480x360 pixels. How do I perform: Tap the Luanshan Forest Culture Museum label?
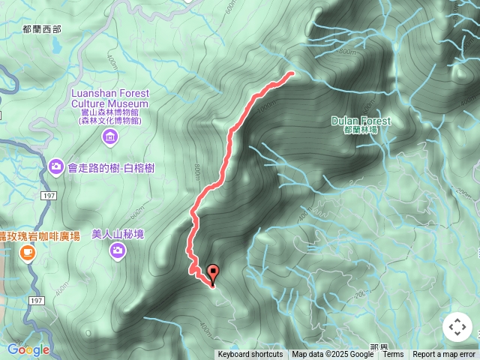(x=110, y=98)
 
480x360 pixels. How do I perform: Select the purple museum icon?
(x=110, y=136)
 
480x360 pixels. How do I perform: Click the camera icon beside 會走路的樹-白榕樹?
(x=55, y=166)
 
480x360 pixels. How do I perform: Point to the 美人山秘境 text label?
(x=117, y=234)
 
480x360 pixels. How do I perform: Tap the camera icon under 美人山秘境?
(x=117, y=250)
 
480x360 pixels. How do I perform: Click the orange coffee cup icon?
(x=28, y=253)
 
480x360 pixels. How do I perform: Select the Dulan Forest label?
(x=360, y=121)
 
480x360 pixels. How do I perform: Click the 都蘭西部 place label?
(x=42, y=29)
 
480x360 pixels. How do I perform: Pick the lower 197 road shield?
(x=35, y=300)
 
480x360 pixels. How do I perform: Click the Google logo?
(x=28, y=349)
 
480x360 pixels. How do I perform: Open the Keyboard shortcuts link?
(x=250, y=355)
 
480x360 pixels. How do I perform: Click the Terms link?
(x=393, y=355)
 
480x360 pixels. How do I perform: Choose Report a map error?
(x=444, y=355)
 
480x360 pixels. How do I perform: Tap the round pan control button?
(x=457, y=327)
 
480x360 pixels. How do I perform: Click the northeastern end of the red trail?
(x=291, y=73)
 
